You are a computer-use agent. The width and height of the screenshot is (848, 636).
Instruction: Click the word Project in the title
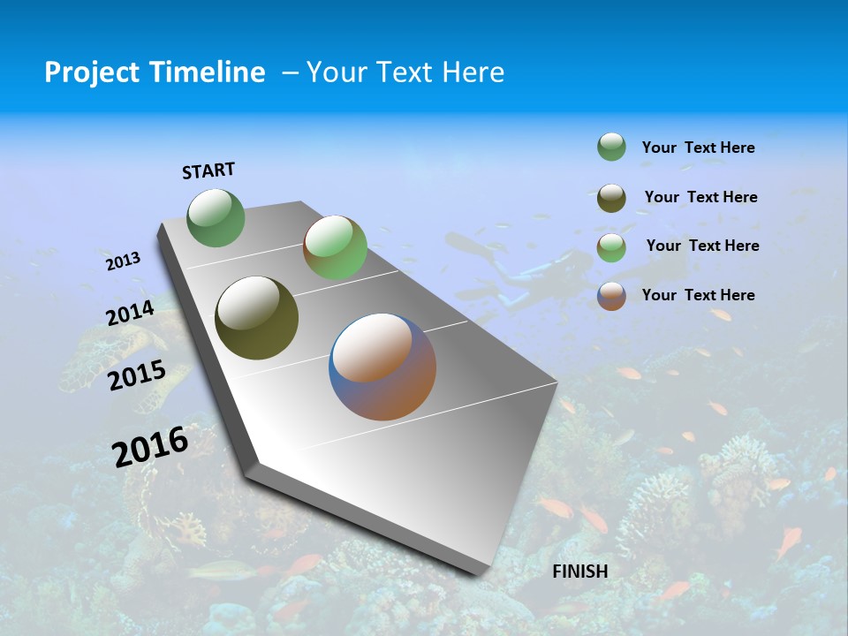[87, 72]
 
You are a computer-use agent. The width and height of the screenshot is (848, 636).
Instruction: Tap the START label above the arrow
[208, 170]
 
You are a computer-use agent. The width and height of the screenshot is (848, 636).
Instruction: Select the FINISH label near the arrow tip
[580, 572]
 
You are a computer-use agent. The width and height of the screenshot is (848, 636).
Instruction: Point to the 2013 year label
[123, 261]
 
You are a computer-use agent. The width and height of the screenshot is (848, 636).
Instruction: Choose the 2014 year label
[131, 314]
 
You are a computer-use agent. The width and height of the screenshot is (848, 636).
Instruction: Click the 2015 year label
[137, 375]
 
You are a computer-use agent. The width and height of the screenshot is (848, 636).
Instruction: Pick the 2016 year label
[150, 447]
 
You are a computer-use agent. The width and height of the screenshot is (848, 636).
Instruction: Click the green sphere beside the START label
[216, 218]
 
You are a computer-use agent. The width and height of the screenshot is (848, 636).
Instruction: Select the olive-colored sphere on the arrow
[256, 318]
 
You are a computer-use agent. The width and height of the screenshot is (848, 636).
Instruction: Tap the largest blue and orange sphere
[382, 367]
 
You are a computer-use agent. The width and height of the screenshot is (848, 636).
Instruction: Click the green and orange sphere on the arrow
[335, 247]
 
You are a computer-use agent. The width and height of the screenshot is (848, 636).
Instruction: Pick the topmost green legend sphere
[611, 147]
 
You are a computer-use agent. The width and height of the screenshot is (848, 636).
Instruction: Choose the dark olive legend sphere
[611, 198]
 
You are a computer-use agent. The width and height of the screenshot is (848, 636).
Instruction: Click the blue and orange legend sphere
[611, 296]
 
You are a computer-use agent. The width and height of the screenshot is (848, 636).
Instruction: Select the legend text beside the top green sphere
[698, 148]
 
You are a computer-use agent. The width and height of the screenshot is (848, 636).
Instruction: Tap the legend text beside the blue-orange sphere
[698, 295]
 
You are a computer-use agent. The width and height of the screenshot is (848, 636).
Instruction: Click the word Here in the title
[473, 72]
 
